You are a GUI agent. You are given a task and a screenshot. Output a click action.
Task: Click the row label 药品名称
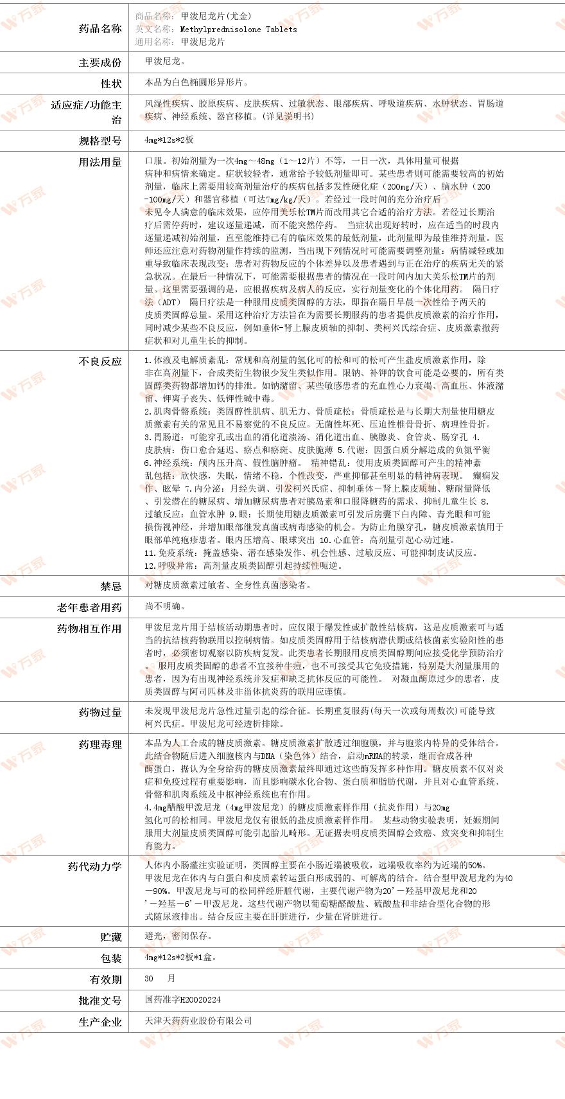(x=100, y=28)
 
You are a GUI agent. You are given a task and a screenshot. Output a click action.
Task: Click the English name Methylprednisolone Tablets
(x=238, y=29)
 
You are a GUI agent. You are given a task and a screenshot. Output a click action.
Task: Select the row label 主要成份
(x=100, y=62)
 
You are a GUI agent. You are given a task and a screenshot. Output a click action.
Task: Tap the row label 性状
(x=110, y=84)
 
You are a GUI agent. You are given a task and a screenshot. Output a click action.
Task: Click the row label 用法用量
(x=100, y=162)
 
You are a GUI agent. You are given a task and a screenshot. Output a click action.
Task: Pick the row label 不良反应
(x=100, y=361)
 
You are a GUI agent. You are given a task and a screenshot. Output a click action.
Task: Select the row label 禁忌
(x=110, y=586)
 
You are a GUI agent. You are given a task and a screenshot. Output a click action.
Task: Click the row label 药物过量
(x=100, y=712)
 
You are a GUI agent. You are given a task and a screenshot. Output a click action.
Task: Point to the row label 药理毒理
(x=100, y=744)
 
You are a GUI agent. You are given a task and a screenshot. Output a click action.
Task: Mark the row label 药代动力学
(x=94, y=866)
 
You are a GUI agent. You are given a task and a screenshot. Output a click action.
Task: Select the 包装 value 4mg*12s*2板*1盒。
(x=180, y=957)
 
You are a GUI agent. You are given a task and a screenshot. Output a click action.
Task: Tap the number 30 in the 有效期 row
(x=150, y=978)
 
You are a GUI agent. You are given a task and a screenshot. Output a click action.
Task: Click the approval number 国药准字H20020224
(x=182, y=1000)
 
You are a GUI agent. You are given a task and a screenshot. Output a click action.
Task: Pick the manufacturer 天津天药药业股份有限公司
(x=198, y=1021)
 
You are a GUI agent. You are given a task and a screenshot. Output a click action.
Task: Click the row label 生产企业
(x=100, y=1022)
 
